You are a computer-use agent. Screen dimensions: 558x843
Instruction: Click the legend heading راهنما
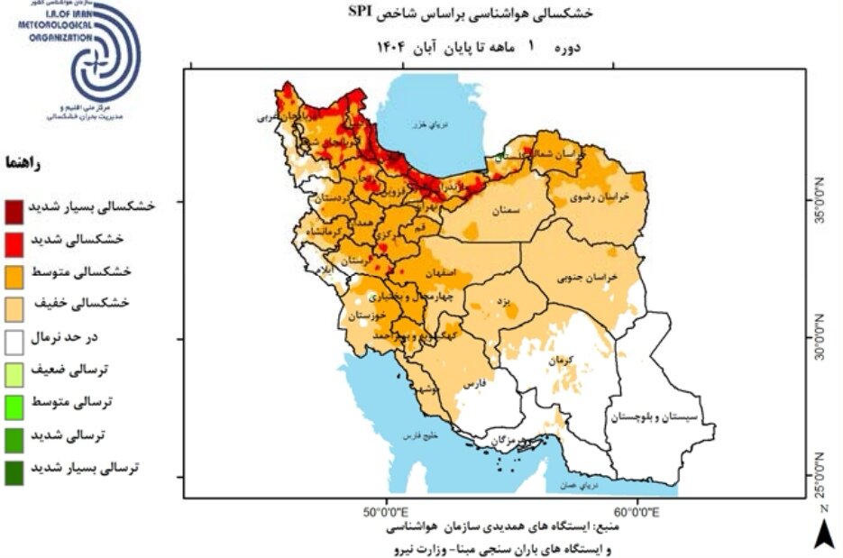pos(22,165)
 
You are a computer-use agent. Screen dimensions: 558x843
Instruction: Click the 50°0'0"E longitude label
pos(387,512)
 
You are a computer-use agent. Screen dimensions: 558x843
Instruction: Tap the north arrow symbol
pos(823,532)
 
